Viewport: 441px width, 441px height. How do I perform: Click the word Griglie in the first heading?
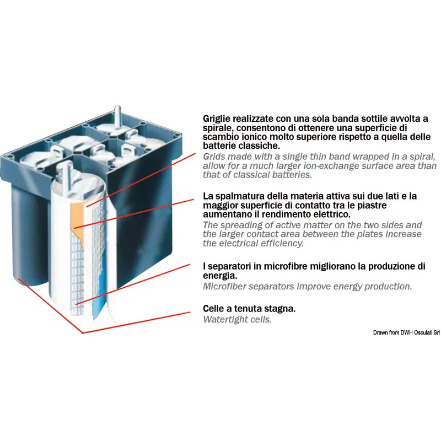click(217, 119)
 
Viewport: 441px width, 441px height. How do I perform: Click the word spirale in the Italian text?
click(218, 128)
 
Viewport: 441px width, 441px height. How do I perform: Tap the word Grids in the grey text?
click(213, 157)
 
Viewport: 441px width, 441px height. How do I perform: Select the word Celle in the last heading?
click(213, 309)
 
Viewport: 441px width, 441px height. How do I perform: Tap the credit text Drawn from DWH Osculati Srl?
click(406, 332)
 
